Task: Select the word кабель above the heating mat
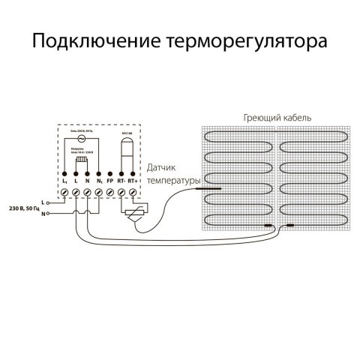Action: [x=296, y=118]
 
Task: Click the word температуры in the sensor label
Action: [x=174, y=181]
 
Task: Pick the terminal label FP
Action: [x=110, y=181]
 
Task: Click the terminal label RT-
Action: [x=121, y=181]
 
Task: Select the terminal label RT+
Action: [x=133, y=181]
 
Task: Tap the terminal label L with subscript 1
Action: [x=65, y=181]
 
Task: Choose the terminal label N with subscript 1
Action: [x=99, y=181]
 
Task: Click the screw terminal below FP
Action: [x=110, y=193]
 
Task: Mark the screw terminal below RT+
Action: [x=133, y=193]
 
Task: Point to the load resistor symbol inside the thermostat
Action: [x=82, y=159]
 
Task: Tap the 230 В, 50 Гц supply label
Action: [x=23, y=206]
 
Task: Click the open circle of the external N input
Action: [x=49, y=214]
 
